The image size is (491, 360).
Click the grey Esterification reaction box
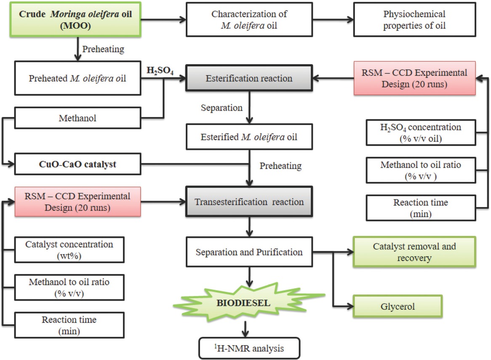[x=249, y=78]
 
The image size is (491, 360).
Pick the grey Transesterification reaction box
[x=249, y=202]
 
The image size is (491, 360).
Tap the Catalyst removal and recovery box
[x=414, y=252]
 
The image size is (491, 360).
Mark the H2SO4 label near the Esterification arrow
[x=160, y=71]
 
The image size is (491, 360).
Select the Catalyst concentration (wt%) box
[x=69, y=249]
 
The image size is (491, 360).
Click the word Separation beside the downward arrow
[x=221, y=108]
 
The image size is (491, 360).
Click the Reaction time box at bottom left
[x=69, y=325]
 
